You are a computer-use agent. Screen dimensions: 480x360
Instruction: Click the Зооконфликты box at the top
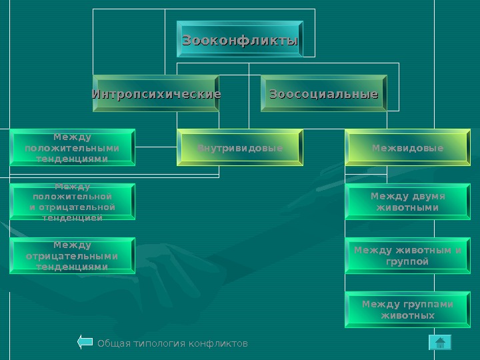(x=240, y=41)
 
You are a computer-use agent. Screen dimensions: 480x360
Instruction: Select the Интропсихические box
(x=157, y=94)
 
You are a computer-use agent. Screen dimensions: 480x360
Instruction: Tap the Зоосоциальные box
(x=324, y=94)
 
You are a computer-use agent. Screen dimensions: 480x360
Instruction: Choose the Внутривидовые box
(x=240, y=147)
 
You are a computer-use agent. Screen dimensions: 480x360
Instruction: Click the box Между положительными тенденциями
(x=72, y=147)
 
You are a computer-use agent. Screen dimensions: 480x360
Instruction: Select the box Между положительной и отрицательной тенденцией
(x=72, y=202)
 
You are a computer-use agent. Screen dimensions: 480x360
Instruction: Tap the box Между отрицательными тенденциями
(x=72, y=256)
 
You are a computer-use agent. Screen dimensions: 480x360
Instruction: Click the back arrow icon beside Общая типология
(x=85, y=343)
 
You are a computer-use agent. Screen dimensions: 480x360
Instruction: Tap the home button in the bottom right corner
(x=439, y=343)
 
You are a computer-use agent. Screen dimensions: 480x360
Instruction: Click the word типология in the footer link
(x=157, y=343)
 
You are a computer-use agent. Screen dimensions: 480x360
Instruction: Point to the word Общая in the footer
(x=111, y=343)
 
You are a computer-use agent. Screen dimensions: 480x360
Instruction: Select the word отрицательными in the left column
(x=72, y=256)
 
